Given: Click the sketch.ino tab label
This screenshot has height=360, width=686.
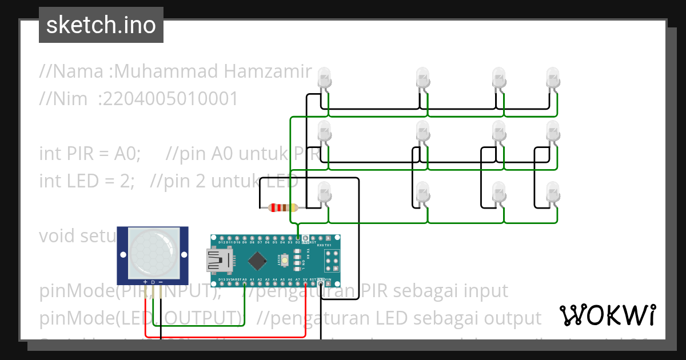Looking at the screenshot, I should tap(101, 25).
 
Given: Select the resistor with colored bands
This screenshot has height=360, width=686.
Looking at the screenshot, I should tap(283, 207).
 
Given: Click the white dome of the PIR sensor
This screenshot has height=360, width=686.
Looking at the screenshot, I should tap(153, 250).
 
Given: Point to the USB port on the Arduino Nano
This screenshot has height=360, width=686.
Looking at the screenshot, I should tap(219, 262).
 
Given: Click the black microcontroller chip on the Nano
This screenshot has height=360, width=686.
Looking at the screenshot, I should tap(258, 261).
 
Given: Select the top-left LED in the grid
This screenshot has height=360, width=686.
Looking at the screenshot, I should tap(324, 77).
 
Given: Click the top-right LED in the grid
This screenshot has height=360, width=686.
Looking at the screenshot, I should tap(553, 77).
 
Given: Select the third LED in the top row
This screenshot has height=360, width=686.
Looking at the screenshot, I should tap(499, 77).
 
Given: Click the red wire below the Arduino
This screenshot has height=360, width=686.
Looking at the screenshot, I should tap(229, 337).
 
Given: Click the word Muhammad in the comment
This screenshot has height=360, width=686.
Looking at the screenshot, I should tap(166, 72).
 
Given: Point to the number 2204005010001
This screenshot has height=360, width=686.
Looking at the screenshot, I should tap(167, 99).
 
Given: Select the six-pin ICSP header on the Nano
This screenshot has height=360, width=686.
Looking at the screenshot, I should tap(331, 262).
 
